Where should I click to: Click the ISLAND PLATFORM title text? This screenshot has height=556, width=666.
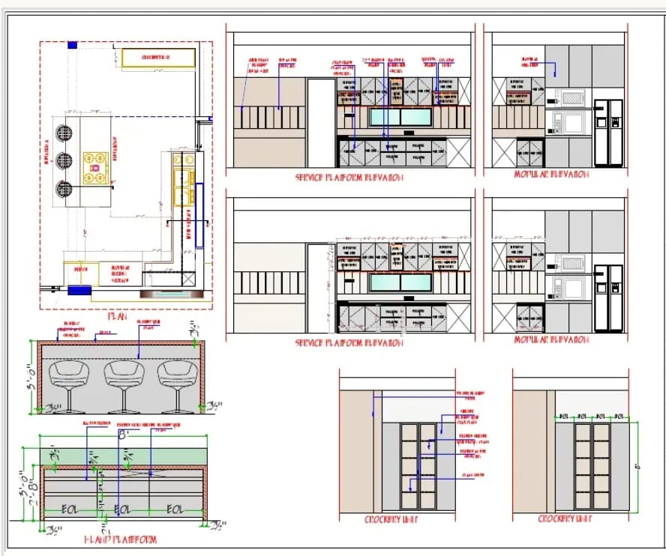(x=120, y=539)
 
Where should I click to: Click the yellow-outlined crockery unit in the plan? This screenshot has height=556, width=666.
(x=158, y=57)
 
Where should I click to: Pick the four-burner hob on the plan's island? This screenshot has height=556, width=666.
(x=94, y=158)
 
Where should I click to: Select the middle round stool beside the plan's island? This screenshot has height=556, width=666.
(x=64, y=160)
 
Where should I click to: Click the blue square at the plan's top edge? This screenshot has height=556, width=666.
(x=72, y=45)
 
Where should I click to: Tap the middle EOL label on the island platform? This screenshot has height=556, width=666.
(x=121, y=510)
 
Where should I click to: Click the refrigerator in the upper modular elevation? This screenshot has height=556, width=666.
(x=608, y=132)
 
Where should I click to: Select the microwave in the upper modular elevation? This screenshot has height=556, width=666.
(x=571, y=96)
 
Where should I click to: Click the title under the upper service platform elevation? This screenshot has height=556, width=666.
(x=350, y=178)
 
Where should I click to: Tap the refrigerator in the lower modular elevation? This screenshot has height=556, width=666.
(x=608, y=297)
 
